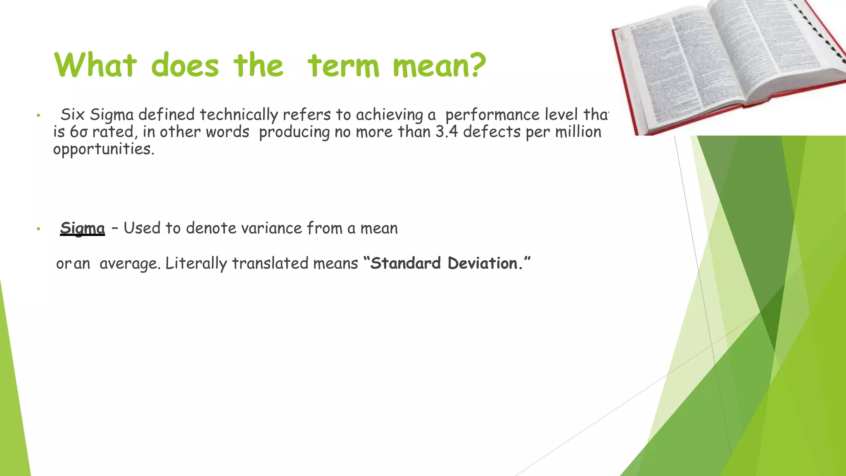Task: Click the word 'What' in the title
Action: (x=95, y=65)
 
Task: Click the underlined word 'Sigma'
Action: (x=83, y=228)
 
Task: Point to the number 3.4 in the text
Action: (x=447, y=132)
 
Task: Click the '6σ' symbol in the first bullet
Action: (x=78, y=132)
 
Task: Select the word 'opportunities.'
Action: (x=104, y=149)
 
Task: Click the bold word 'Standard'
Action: (x=406, y=263)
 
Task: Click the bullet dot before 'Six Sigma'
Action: (x=38, y=115)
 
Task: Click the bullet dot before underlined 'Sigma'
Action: (x=38, y=228)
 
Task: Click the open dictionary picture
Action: (x=727, y=62)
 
